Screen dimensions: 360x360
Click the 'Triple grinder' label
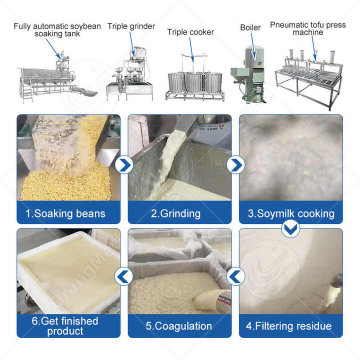(131, 26)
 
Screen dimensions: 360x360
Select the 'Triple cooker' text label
(190, 32)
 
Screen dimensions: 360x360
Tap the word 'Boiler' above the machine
(250, 27)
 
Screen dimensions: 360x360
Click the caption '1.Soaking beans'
(65, 213)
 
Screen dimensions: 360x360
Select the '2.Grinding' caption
(176, 213)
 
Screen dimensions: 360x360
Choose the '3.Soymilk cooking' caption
(291, 213)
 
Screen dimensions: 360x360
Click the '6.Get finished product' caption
(65, 326)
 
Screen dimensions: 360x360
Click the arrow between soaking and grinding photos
(124, 163)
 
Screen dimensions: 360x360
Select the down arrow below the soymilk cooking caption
(290, 228)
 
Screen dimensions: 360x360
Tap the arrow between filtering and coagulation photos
(235, 275)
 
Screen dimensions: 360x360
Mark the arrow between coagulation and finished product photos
(124, 275)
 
